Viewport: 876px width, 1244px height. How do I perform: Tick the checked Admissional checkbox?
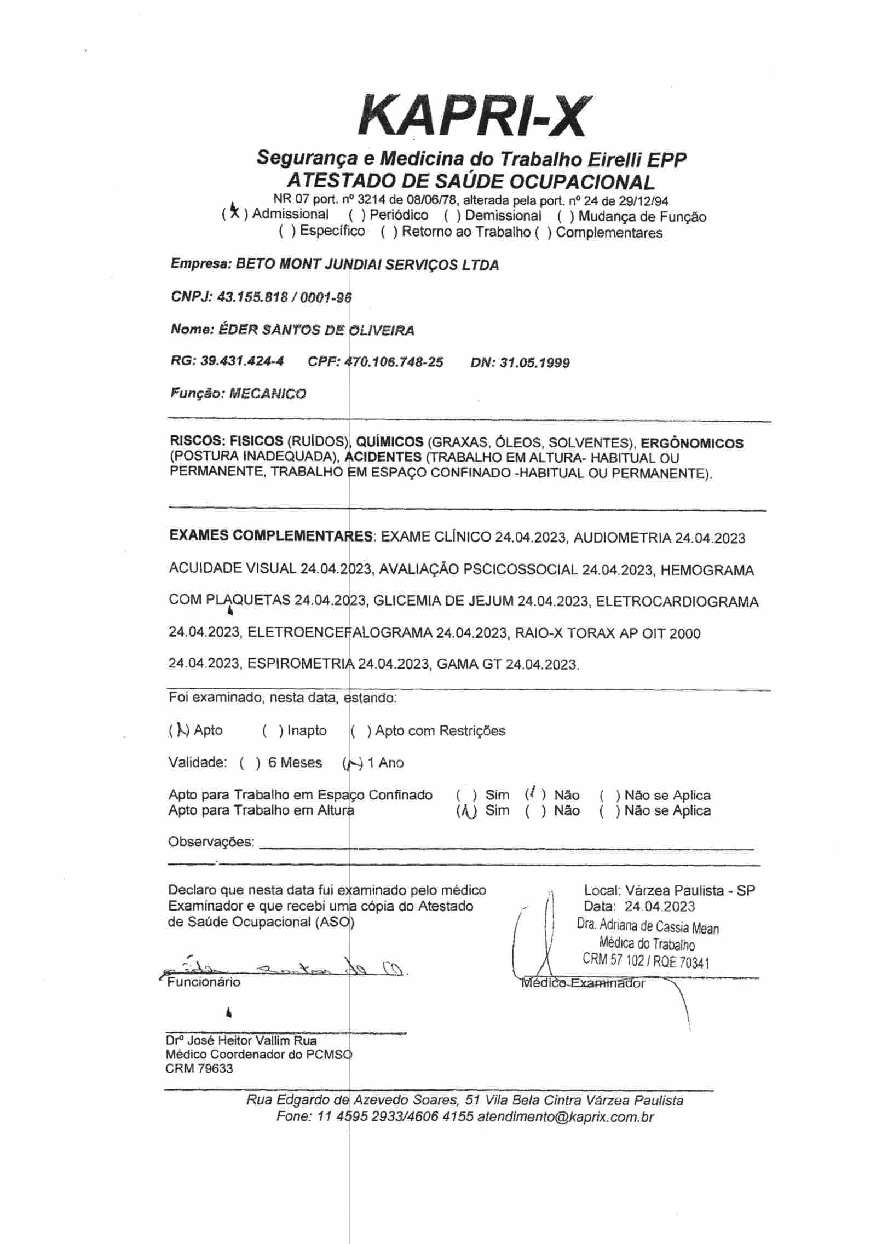click(x=234, y=213)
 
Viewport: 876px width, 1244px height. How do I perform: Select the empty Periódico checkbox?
click(x=359, y=215)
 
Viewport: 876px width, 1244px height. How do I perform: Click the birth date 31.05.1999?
click(x=534, y=362)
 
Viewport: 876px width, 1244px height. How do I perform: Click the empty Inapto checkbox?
click(x=273, y=731)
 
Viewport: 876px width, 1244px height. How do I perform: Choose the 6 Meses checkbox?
click(x=250, y=763)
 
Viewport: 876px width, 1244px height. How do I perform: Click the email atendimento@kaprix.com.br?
click(x=566, y=1118)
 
